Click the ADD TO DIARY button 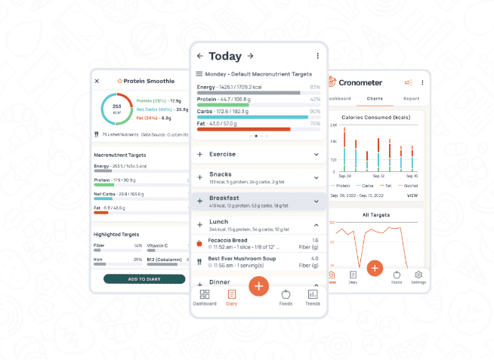pos(144,279)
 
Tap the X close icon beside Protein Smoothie pos(97,81)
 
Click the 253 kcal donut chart pos(117,110)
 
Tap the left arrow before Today pos(199,56)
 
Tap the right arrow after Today pos(251,56)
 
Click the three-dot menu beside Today pos(317,56)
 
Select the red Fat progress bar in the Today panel pos(243,129)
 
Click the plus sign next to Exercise pos(200,154)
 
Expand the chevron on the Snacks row pos(316,176)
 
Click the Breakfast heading pos(224,197)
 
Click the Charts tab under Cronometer pos(374,99)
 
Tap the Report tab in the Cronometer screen pos(411,99)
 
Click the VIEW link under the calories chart pos(412,195)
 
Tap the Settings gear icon pos(418,275)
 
